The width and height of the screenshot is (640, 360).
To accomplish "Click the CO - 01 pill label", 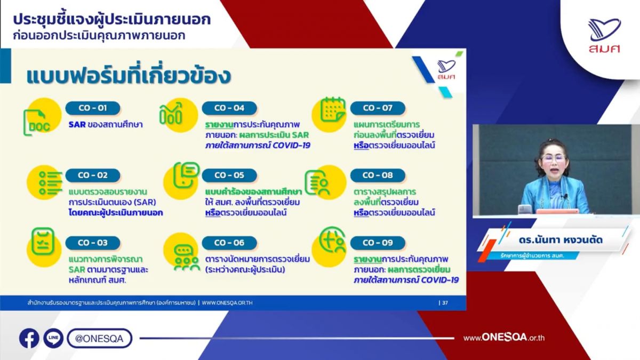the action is pos(93,108).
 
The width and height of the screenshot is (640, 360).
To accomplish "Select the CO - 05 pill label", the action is pos(229,175).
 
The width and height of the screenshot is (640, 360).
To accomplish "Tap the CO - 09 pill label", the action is pos(378,243).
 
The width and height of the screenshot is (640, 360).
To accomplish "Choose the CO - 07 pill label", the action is pos(378,108).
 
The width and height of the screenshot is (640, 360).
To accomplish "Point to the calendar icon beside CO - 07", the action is pos(333,109).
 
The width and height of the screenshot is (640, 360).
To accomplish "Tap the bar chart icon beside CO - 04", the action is pos(171,114).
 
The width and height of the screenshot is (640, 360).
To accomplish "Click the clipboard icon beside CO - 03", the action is pos(43,241).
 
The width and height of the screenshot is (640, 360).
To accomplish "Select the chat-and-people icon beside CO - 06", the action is pos(186,258).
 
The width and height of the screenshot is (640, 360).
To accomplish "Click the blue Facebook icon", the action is pos(29,338).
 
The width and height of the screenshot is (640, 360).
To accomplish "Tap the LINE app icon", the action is pos(53,338).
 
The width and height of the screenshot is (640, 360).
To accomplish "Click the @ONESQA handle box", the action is pos(99,338).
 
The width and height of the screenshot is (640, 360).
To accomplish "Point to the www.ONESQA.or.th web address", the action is pos(504,338).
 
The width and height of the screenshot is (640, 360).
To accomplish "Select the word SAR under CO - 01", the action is pos(77,125).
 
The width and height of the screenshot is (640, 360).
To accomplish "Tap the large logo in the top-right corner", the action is pos(604,36).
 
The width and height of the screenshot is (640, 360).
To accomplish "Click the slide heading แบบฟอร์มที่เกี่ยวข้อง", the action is pos(129,75).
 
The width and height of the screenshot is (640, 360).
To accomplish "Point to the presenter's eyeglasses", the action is pos(553,159).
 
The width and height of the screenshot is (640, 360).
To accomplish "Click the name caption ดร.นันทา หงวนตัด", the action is pos(561,239).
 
